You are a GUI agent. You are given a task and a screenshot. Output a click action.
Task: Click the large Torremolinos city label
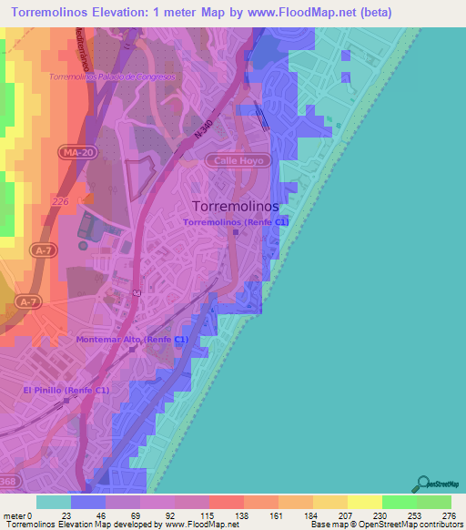(x=236, y=206)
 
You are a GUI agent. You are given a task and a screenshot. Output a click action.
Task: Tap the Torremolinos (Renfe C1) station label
(x=236, y=221)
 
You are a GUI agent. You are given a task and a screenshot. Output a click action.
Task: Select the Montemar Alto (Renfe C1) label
(x=133, y=339)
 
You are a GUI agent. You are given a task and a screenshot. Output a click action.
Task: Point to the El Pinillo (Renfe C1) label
(x=66, y=390)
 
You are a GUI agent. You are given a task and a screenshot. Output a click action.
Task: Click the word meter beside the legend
(x=13, y=515)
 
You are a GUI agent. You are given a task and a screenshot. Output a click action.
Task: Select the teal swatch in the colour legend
(x=53, y=502)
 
